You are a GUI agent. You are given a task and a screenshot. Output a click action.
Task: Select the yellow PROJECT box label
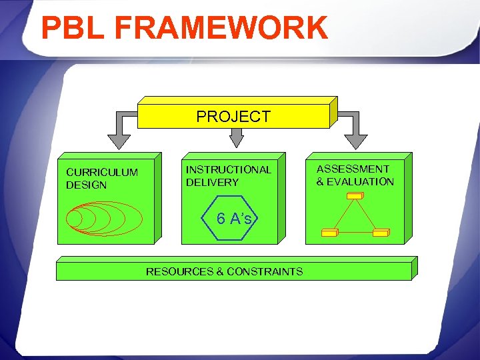click(233, 117)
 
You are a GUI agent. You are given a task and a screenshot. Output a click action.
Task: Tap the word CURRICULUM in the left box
click(102, 173)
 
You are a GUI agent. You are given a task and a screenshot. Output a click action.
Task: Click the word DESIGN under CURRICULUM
click(86, 185)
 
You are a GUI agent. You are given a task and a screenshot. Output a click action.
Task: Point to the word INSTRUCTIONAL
click(229, 169)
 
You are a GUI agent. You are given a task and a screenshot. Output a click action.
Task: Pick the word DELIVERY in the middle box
click(212, 182)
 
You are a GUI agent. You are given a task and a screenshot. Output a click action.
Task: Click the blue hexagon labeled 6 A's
click(233, 218)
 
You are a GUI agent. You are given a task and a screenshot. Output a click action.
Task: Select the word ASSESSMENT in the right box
click(353, 169)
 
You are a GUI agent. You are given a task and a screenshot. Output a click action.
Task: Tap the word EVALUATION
click(361, 181)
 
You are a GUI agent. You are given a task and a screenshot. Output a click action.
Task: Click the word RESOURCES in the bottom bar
click(179, 271)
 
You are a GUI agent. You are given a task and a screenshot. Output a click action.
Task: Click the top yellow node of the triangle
click(354, 195)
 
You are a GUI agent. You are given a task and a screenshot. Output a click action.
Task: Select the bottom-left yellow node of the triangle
click(330, 232)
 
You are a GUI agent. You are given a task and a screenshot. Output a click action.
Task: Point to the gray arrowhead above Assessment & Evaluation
click(355, 141)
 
